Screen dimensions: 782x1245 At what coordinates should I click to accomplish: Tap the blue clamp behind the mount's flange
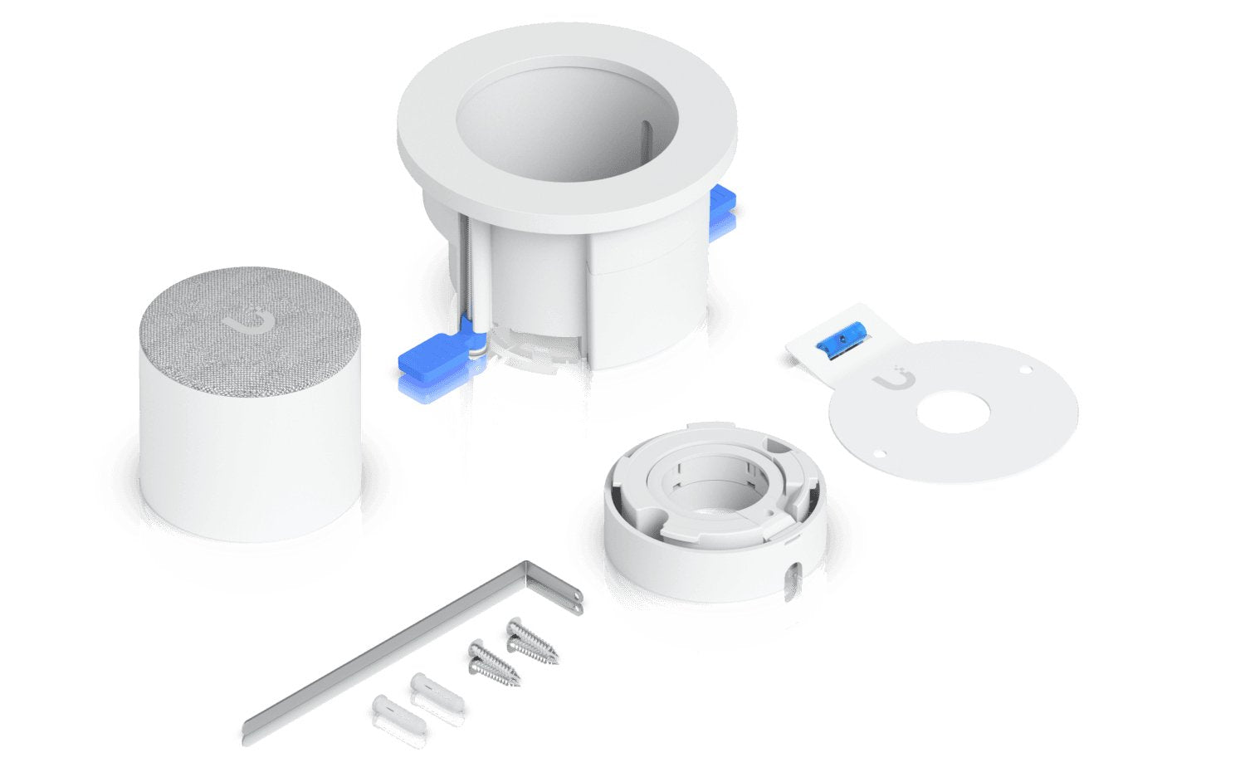coord(721,212)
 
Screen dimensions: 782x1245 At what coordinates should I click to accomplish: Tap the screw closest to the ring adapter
coord(532,639)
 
